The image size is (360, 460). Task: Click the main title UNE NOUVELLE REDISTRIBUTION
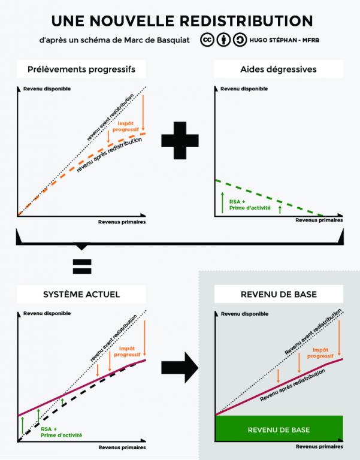[182, 21]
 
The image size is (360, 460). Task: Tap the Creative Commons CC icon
[207, 40]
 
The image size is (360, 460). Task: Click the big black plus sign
[180, 141]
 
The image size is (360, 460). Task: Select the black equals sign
[82, 267]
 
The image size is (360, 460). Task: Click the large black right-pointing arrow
[180, 368]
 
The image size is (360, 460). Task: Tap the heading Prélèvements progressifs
[81, 69]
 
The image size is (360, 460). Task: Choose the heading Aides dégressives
[279, 69]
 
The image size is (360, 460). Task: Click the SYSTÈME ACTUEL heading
[81, 294]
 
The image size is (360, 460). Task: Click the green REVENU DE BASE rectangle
[279, 428]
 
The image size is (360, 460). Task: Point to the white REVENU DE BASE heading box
[279, 294]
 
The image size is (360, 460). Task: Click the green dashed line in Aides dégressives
[269, 198]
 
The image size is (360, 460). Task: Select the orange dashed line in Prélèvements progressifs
[81, 174]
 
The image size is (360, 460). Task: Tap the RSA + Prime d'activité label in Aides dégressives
[250, 205]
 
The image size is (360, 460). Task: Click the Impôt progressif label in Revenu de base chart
[320, 353]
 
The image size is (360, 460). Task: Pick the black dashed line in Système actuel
[82, 400]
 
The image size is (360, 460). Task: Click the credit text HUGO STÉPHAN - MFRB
[284, 40]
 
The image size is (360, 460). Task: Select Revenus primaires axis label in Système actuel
[122, 447]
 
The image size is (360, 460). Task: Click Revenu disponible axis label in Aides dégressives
[244, 89]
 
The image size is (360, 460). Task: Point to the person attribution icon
[223, 40]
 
